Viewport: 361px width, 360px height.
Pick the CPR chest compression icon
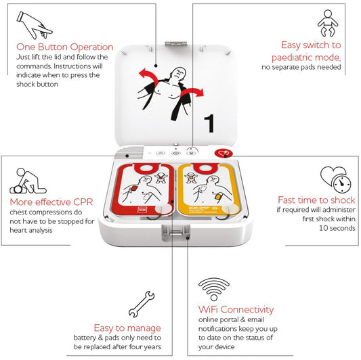25,181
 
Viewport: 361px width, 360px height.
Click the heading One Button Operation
64,47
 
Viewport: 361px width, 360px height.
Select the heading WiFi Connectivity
235,309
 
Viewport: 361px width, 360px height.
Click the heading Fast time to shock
313,200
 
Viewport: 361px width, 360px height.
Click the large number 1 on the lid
211,123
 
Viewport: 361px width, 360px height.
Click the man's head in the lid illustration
177,71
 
